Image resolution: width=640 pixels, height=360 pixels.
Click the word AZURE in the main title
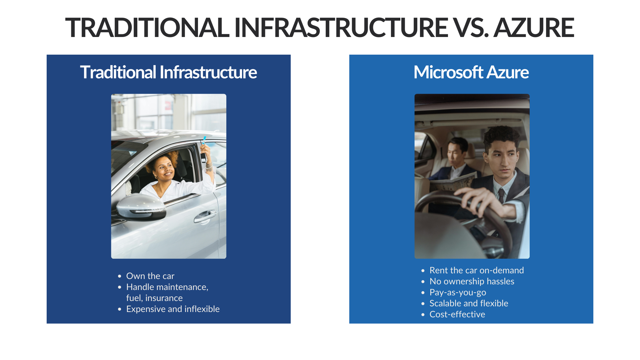[534, 28]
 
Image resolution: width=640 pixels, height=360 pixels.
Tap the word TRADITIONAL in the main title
[147, 28]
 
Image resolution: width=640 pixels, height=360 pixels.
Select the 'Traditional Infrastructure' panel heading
[168, 72]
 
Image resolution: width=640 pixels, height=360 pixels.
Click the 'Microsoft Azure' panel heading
[471, 72]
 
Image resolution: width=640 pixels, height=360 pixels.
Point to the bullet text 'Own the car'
[150, 276]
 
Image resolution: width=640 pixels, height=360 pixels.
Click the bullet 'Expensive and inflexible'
[173, 309]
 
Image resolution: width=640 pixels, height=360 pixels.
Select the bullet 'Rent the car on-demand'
[476, 270]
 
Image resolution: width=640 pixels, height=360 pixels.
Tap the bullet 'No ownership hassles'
[472, 281]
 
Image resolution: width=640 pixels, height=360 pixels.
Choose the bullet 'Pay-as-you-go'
[458, 292]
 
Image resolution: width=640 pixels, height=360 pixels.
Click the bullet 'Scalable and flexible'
[469, 303]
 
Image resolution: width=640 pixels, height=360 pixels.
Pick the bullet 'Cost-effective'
[457, 314]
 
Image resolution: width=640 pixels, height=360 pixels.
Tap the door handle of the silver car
[205, 217]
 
